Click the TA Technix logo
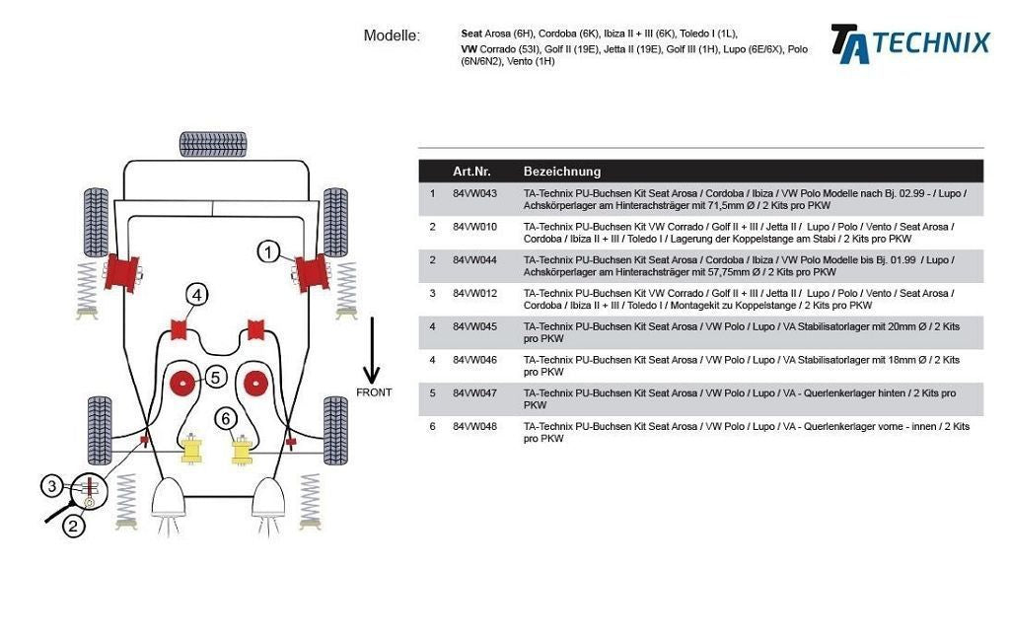909,43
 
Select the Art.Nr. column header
471,172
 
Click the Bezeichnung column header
561,172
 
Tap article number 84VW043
474,193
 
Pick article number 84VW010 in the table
474,227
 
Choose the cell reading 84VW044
474,260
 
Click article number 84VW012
474,294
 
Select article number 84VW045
474,326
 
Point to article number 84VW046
474,360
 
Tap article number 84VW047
474,393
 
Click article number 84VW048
474,427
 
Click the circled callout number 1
269,251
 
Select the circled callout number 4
197,294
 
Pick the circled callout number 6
227,419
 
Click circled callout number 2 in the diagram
75,526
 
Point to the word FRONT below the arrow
373,392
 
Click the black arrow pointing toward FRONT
372,351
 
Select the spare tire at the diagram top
213,144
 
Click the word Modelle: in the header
392,36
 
